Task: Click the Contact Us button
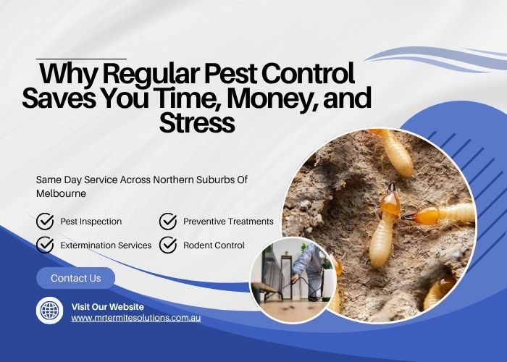coord(76,278)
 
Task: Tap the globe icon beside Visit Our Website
coord(50,311)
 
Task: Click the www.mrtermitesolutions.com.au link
coord(135,318)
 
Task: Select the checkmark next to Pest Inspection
coord(45,221)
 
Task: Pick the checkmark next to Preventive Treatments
coord(168,221)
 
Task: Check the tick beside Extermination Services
coord(45,245)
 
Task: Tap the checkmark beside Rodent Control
coord(168,245)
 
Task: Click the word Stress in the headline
coord(197,122)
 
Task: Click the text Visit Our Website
coord(107,306)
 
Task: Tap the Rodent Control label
coord(214,245)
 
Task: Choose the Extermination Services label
coord(106,245)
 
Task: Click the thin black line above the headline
coord(81,58)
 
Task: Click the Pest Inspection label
coord(91,222)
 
